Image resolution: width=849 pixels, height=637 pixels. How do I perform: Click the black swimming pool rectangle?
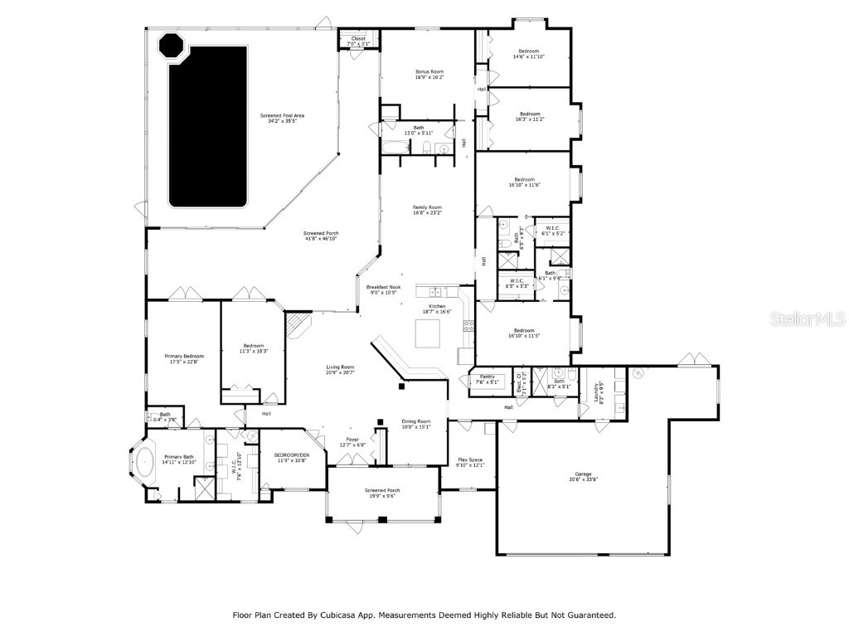(x=208, y=126)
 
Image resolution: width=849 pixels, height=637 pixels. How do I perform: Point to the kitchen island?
(x=428, y=334)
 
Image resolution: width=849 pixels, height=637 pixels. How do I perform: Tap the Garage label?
(x=584, y=477)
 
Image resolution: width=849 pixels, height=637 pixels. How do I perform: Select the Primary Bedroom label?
(x=184, y=358)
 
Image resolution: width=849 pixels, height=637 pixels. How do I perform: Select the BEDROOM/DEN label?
(x=290, y=457)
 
